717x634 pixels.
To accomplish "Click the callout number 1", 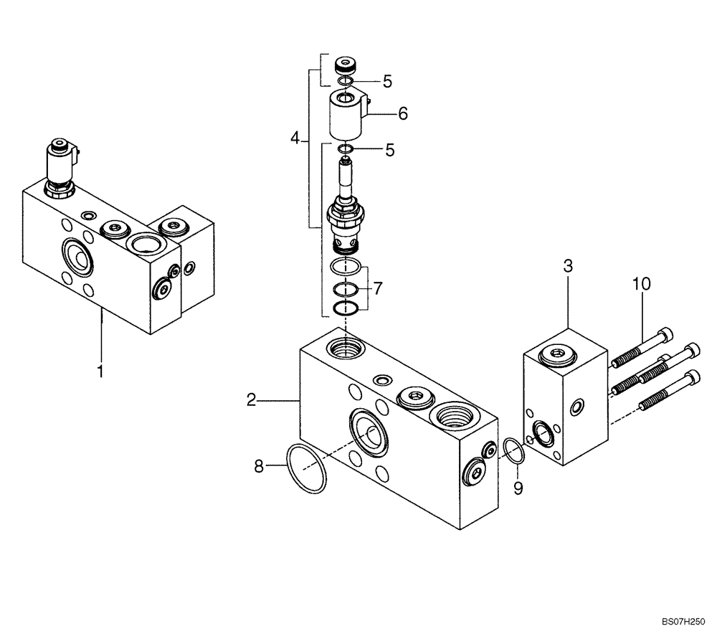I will [100, 371].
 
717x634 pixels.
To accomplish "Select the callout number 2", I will [250, 400].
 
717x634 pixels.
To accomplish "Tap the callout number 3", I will [567, 266].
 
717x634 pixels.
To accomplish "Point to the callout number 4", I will [295, 138].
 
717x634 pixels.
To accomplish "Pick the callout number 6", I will [402, 113].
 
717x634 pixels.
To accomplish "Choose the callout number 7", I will [378, 289].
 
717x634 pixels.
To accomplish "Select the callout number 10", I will [641, 284].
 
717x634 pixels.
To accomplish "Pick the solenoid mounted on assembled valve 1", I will [60, 164].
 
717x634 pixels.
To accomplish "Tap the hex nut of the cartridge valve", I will [346, 214].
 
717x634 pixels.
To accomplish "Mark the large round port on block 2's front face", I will [369, 432].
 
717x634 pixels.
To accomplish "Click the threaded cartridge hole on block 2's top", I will [345, 349].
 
